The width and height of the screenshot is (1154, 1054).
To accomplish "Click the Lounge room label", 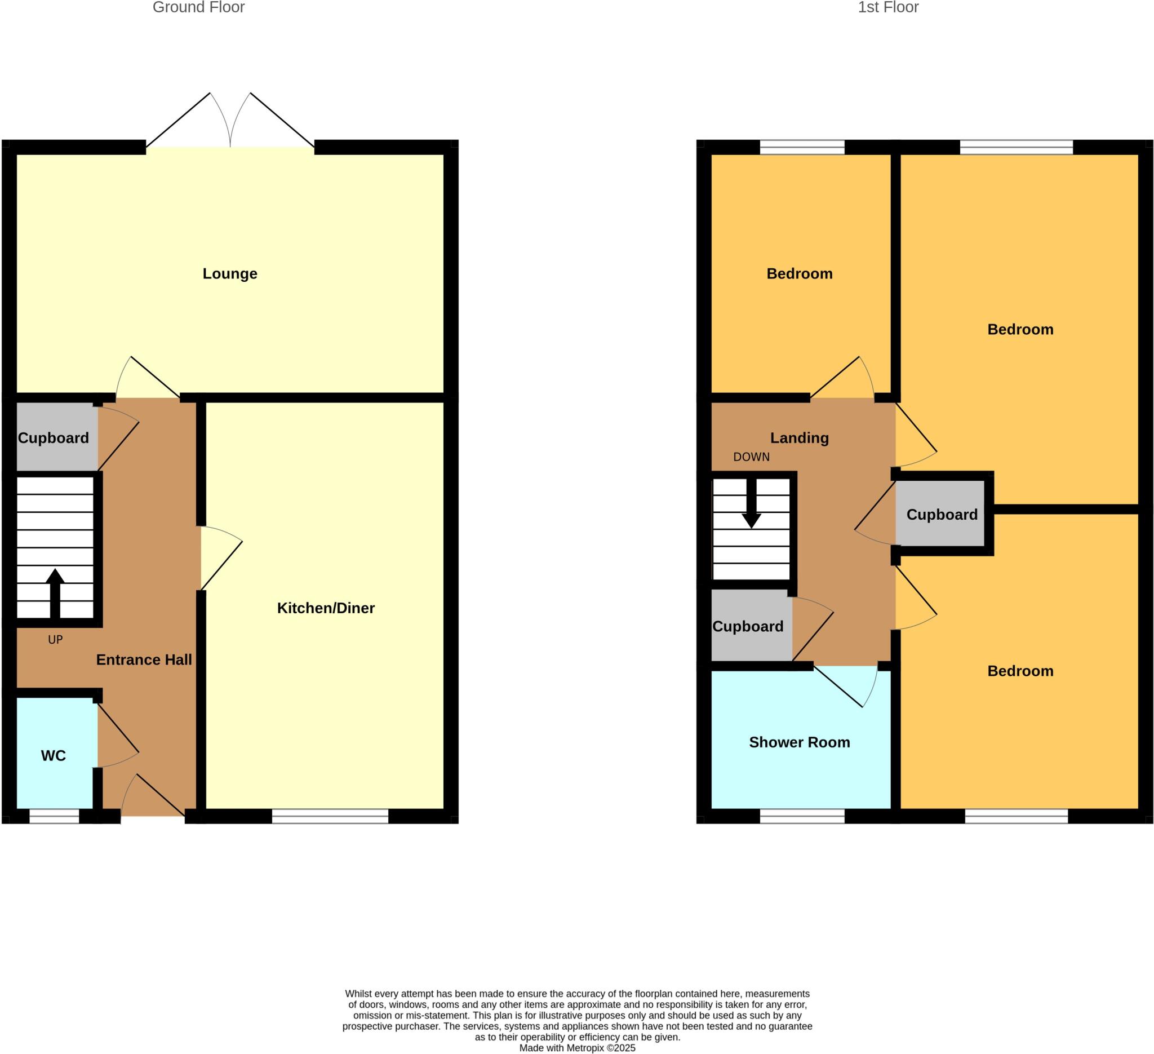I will (x=229, y=274).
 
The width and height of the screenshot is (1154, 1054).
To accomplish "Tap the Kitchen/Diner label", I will (x=326, y=608).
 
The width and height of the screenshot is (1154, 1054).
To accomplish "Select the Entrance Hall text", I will (x=144, y=659).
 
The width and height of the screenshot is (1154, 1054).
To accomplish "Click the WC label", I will (x=53, y=756).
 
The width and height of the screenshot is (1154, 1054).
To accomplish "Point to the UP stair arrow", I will (x=55, y=592).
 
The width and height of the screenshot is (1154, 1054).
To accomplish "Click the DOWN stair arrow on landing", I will (x=751, y=504).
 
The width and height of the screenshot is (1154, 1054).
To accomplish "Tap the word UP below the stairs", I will (x=55, y=640).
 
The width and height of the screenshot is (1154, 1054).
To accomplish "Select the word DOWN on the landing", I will (x=751, y=457).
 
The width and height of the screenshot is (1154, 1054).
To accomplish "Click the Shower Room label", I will (x=799, y=742).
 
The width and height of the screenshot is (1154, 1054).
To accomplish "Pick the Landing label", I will (x=799, y=438).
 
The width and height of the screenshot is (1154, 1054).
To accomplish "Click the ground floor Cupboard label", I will (x=53, y=438).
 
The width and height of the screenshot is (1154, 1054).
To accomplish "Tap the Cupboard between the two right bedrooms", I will (x=942, y=515).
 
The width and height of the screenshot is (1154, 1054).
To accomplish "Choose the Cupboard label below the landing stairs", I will (x=748, y=626).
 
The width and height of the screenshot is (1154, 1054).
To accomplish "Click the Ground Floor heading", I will (x=199, y=7).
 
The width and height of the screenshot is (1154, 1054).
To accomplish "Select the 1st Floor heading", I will (x=888, y=7).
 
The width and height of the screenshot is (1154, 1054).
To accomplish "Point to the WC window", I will (x=55, y=816).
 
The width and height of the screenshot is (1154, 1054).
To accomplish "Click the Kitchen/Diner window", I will (x=330, y=816).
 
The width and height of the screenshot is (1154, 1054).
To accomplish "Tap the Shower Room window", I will (x=801, y=816).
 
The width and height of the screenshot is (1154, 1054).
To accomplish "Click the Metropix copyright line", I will (x=577, y=1048).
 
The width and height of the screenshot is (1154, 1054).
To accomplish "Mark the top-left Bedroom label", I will (x=799, y=274).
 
